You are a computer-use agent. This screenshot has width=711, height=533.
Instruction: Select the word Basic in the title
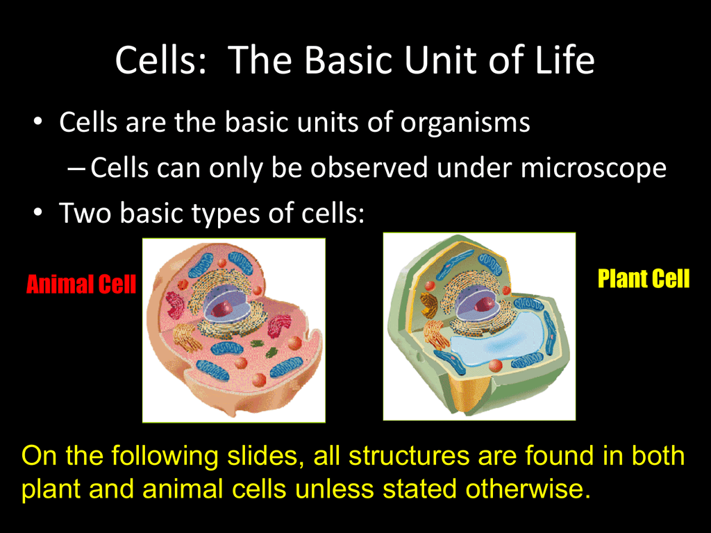(349, 60)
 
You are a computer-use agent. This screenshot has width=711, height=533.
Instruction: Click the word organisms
(465, 123)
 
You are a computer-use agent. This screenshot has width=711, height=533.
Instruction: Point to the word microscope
(593, 168)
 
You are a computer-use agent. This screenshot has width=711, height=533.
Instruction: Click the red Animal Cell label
(81, 285)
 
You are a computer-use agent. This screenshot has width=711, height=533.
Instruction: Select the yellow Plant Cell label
(644, 278)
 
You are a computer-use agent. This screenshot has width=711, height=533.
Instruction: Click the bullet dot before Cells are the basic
(38, 121)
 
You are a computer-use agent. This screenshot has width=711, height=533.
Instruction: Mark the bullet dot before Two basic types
(38, 212)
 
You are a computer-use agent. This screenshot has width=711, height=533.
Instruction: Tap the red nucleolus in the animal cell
(221, 309)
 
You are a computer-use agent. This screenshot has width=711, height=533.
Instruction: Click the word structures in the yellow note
(409, 455)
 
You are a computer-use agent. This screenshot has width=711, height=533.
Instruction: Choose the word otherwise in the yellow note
(528, 489)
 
